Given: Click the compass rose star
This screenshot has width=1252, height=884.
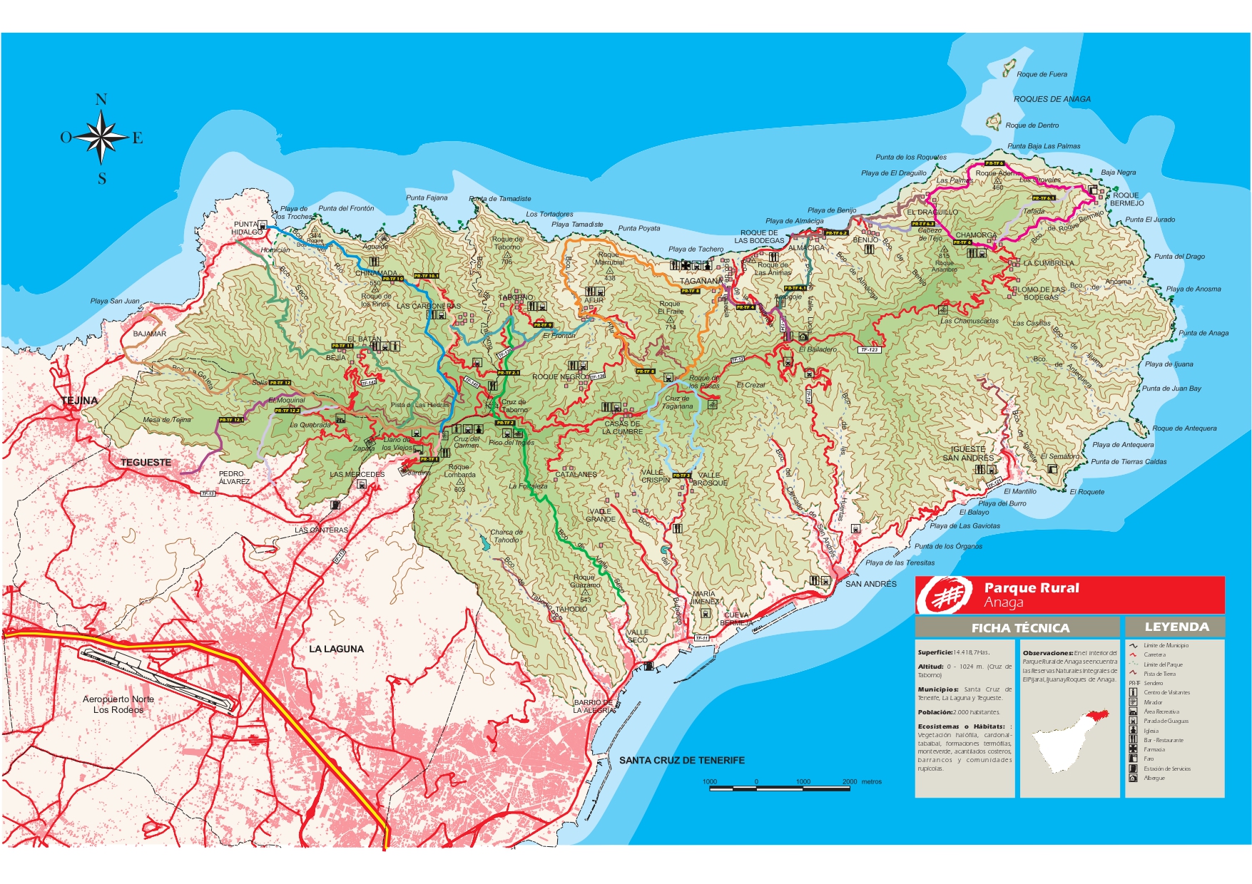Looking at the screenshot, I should (x=101, y=138).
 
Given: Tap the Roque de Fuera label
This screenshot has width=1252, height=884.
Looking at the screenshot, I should (x=1042, y=74).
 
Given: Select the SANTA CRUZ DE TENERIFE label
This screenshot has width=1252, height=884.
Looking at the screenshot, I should (x=681, y=760).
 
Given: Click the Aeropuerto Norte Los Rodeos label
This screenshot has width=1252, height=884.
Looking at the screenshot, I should (x=118, y=704).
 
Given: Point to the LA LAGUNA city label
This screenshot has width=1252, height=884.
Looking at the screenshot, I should (x=336, y=649).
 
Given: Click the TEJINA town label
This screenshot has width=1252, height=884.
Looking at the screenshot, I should (x=80, y=401).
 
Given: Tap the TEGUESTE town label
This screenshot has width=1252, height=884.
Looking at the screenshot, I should (x=146, y=463).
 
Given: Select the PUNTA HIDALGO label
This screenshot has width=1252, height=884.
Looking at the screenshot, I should (x=247, y=228).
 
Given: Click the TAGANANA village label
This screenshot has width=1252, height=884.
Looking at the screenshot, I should (x=701, y=281).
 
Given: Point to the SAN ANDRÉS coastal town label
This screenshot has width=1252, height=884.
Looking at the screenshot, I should (x=870, y=584).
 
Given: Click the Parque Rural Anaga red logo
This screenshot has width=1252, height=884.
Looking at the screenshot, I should (x=945, y=595).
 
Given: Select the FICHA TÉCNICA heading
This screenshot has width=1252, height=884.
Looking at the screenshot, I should (x=1020, y=628).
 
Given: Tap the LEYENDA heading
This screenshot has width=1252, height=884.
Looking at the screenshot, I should (x=1176, y=627).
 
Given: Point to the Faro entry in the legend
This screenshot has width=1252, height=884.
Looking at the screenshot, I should (x=1149, y=759).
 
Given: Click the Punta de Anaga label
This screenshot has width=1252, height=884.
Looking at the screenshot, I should (x=1203, y=333).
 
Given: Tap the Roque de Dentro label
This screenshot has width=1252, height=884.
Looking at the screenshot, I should (x=1032, y=125).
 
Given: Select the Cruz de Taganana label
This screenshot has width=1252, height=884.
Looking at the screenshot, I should (x=677, y=403).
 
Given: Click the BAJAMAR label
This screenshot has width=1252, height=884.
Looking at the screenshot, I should (x=150, y=334).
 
